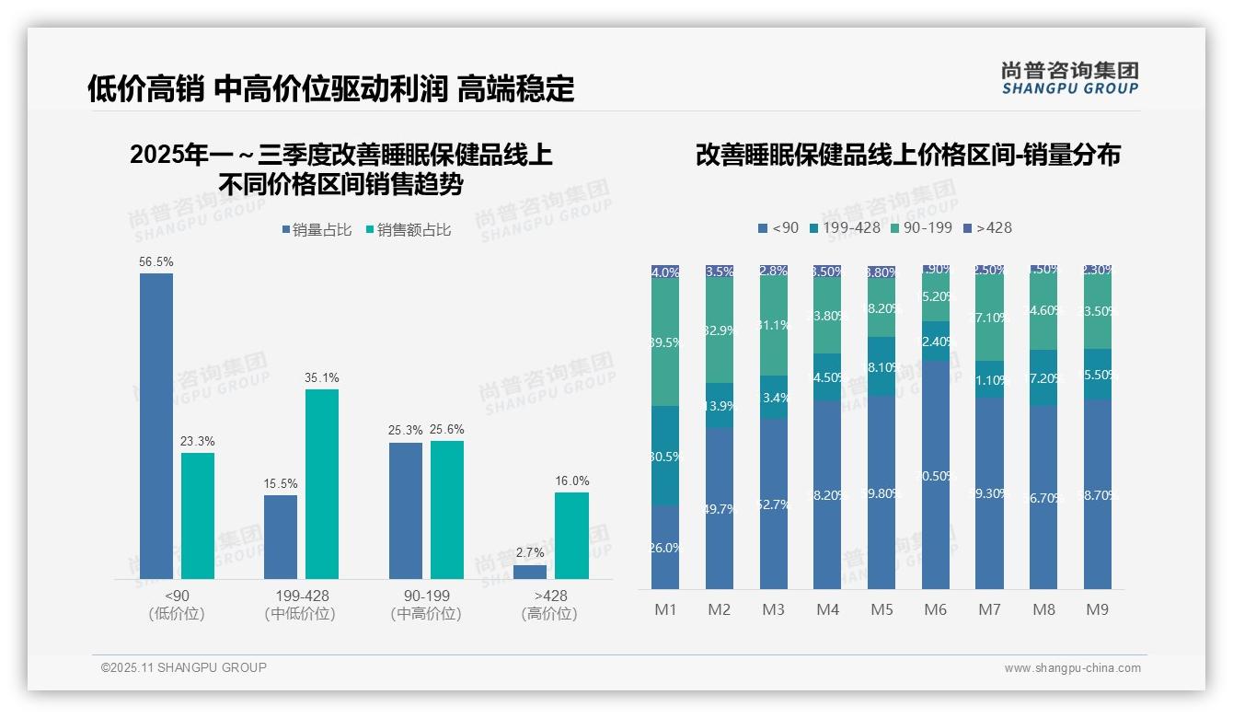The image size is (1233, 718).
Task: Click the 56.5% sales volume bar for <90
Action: click(156, 425)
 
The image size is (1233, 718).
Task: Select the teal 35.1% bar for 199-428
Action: click(322, 484)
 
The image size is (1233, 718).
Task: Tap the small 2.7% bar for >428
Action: click(530, 572)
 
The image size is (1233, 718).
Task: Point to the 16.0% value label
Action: click(571, 481)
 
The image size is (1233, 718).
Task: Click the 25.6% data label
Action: click(447, 429)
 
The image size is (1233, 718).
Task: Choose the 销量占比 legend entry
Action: click(317, 230)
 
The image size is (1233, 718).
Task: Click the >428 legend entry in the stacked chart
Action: click(987, 227)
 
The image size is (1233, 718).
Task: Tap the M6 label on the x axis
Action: click(935, 609)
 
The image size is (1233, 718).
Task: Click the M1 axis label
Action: click(665, 609)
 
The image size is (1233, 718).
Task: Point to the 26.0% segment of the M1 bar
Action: click(665, 548)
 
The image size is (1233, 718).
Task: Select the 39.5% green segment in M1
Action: click(665, 342)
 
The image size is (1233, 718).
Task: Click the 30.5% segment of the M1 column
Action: click(665, 456)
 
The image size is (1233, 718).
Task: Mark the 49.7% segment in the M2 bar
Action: click(720, 508)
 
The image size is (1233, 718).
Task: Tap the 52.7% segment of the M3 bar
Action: click(774, 504)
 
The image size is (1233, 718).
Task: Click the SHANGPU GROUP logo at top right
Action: click(1069, 77)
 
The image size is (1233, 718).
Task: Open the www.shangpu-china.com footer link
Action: click(1072, 668)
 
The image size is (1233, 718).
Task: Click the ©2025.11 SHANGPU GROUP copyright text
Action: click(184, 667)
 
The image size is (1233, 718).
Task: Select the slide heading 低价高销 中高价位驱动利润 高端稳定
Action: click(330, 88)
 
